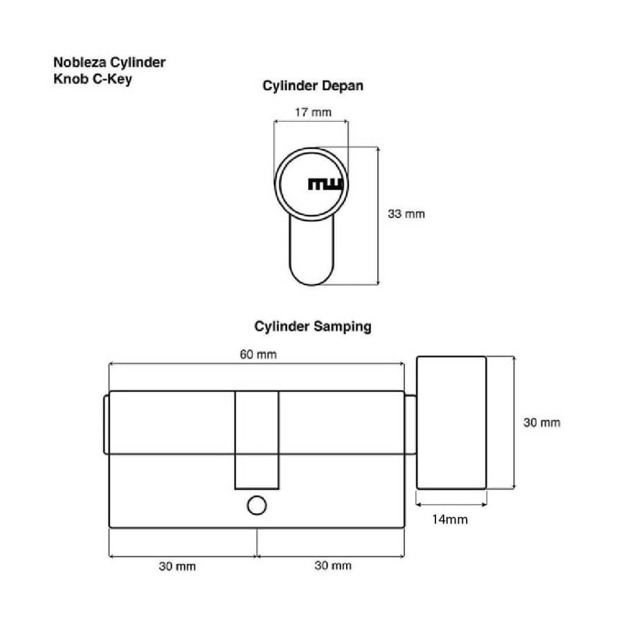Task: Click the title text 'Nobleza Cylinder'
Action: (x=109, y=63)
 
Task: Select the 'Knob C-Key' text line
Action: (x=92, y=79)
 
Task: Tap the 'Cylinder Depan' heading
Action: (x=312, y=87)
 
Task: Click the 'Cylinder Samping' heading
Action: (x=312, y=327)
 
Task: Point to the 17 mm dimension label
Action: (x=312, y=112)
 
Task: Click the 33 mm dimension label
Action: (x=406, y=214)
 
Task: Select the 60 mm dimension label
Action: (x=258, y=354)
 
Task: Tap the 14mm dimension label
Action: (x=451, y=519)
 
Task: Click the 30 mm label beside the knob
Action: (x=541, y=422)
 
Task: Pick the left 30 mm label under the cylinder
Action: (x=177, y=566)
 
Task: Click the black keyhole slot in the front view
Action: (x=325, y=184)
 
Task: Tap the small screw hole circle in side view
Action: (x=257, y=505)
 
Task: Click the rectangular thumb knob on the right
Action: (x=451, y=422)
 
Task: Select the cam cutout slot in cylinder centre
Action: (x=257, y=440)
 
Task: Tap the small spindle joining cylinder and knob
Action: (x=410, y=424)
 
